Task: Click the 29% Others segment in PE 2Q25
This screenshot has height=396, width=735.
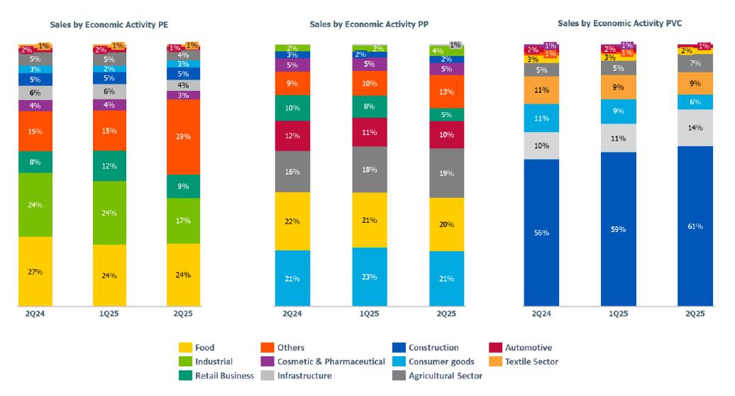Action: pos(184,137)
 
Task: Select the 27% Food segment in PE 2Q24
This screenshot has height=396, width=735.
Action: pos(35,272)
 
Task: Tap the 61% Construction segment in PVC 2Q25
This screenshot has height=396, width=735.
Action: pos(695,226)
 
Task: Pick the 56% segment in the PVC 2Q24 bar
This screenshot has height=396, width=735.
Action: pos(541,233)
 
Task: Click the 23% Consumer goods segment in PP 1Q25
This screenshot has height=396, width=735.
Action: pos(370,277)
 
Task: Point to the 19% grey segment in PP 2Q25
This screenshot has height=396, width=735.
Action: pos(446,173)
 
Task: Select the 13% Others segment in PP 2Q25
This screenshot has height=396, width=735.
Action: pos(446,92)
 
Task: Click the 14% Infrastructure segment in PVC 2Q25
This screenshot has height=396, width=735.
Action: pos(695,128)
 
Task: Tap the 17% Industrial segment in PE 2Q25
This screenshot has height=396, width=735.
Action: pos(184,221)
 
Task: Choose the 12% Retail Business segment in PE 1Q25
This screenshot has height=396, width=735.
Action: pos(109,166)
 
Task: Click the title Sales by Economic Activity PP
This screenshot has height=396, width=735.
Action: pos(367,24)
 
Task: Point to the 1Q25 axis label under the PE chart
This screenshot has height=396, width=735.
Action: pos(109,314)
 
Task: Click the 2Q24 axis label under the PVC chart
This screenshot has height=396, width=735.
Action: pos(541,313)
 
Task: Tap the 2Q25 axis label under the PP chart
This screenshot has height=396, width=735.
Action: pos(446,314)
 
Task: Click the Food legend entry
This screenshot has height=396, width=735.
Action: pos(204,348)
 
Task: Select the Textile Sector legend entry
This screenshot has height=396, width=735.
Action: pos(531,362)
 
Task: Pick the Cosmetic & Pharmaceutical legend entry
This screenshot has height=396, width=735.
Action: pos(331,362)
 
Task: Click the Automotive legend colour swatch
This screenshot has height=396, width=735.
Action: pos(495,348)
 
